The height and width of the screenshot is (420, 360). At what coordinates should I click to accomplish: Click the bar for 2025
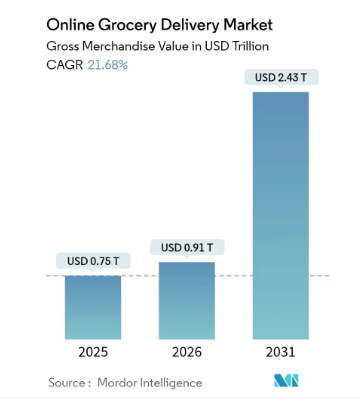(93, 307)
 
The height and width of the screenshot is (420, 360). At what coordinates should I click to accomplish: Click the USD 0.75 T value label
(92, 262)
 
